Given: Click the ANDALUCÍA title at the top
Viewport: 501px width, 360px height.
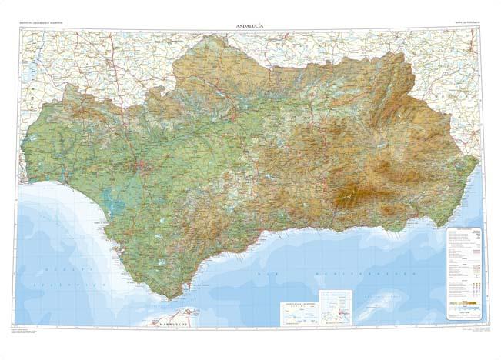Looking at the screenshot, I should pos(250,27).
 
